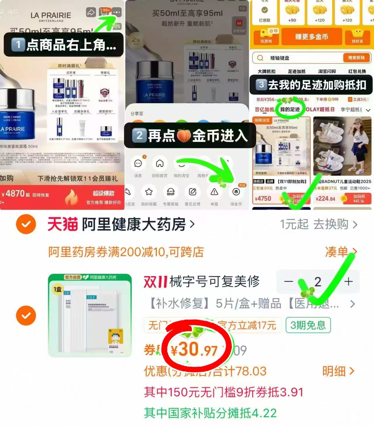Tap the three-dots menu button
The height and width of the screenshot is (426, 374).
[x=116, y=12]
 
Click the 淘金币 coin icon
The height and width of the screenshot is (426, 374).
[x=236, y=192]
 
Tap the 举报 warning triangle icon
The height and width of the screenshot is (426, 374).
[x=214, y=192]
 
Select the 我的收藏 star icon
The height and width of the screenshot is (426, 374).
[x=149, y=192]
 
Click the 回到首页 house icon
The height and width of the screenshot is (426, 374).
[x=160, y=163]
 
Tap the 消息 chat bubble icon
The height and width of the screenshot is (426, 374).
[x=138, y=163]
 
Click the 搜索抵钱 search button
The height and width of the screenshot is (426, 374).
[x=356, y=58]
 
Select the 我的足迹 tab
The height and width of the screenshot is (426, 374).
[x=290, y=109]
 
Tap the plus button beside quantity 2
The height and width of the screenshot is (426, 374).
[x=348, y=282]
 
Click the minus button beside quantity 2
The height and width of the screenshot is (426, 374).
[x=288, y=282]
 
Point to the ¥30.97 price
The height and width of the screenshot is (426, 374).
[x=194, y=350]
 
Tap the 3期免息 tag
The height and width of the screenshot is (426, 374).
[x=308, y=325]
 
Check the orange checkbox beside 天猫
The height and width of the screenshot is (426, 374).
[x=26, y=224]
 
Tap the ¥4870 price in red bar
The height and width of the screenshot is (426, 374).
[x=13, y=194]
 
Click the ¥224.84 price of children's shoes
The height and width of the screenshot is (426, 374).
[x=325, y=199]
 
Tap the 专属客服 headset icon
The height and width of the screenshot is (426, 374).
[x=171, y=192]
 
